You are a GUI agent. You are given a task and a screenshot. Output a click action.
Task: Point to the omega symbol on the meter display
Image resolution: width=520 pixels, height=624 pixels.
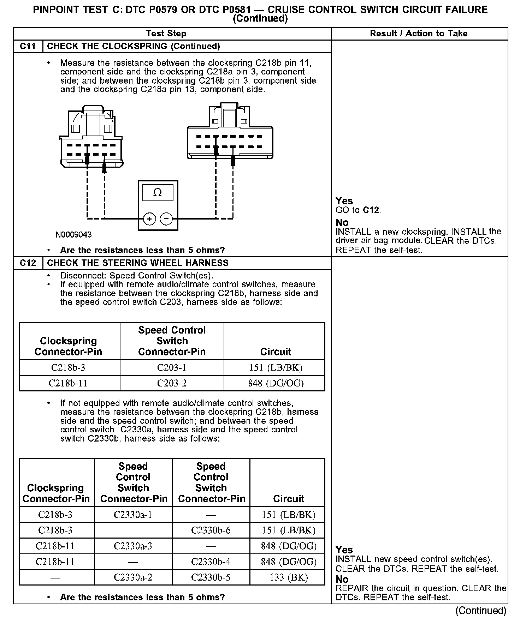158,193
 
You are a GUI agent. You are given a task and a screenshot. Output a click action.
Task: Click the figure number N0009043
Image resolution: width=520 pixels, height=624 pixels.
73,235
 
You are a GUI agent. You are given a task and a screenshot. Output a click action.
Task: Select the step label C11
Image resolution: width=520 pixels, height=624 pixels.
28,46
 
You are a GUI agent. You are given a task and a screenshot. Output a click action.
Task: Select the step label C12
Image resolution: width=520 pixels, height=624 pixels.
28,263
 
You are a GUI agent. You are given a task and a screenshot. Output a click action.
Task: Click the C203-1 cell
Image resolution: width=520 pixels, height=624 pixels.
172,368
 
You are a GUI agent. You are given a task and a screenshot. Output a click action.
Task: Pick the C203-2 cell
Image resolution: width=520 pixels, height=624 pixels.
172,383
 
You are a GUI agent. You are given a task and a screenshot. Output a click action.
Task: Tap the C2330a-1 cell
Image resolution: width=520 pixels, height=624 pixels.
133,515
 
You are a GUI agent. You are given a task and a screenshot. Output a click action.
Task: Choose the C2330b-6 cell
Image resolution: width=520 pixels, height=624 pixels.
211,530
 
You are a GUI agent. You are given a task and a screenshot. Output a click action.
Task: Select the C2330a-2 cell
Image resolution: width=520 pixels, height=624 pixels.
133,577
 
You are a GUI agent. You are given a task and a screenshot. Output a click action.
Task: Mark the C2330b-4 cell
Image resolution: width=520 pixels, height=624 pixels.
211,562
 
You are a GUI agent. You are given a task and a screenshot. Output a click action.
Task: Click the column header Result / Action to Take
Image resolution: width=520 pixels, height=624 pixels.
419,34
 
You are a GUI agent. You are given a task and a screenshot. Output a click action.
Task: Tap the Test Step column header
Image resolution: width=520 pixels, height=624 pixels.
166,34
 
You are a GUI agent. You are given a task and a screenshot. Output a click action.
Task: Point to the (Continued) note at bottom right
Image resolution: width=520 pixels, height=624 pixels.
481,611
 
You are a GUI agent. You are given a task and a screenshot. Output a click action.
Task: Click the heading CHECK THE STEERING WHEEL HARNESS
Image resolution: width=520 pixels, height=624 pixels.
138,263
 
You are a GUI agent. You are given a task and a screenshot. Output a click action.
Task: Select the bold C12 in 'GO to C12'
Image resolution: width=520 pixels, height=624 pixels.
371,210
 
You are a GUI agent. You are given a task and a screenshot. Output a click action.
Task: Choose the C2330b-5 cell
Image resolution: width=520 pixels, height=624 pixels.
211,577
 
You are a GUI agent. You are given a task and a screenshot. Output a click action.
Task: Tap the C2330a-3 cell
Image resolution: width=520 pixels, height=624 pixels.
133,546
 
